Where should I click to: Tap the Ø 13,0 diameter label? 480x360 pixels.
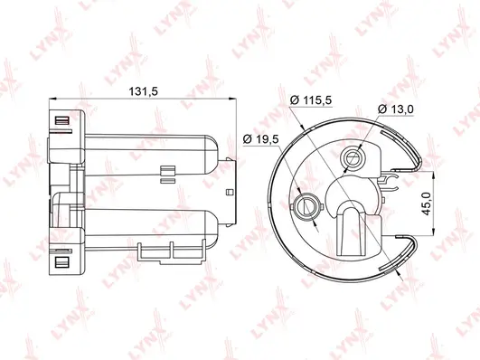point(399,109)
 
